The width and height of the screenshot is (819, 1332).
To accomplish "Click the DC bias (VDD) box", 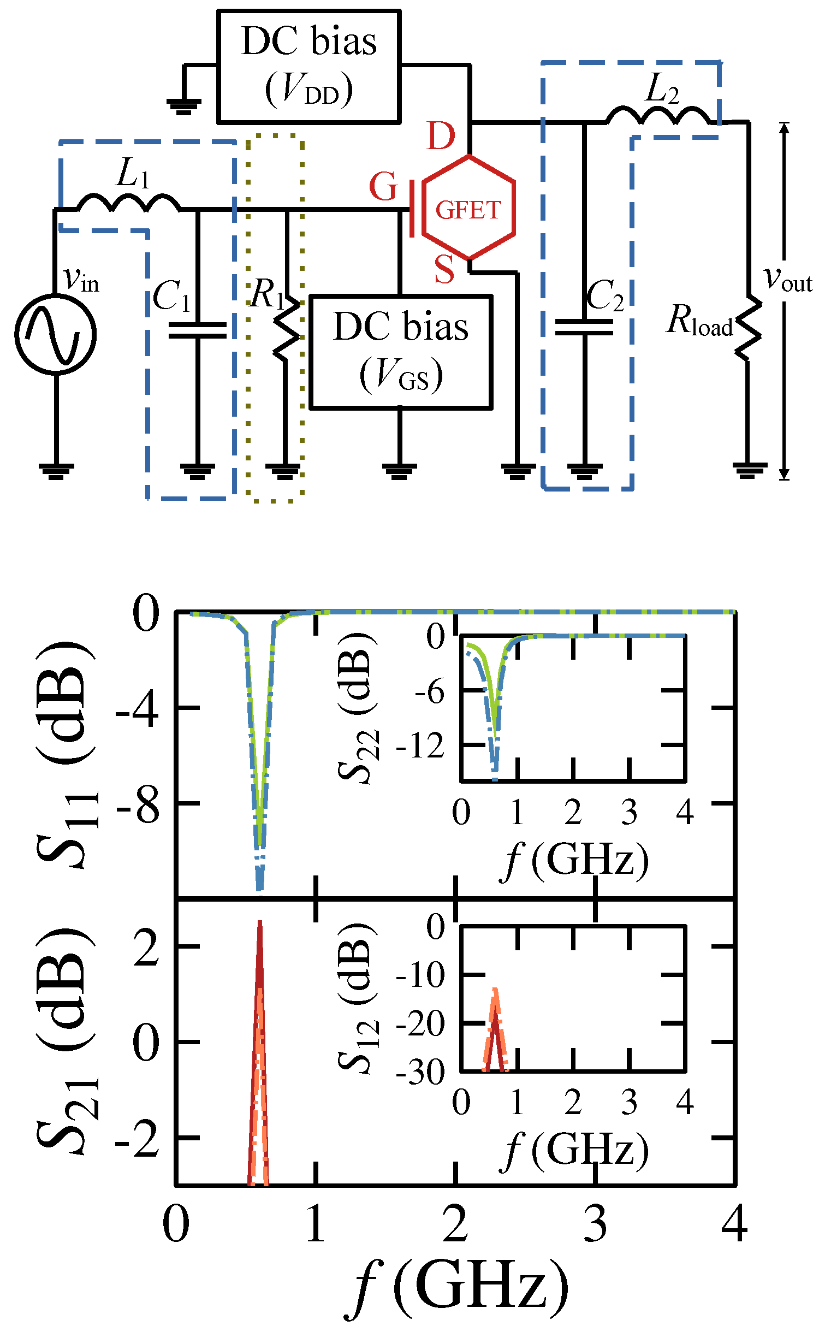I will point(309,66).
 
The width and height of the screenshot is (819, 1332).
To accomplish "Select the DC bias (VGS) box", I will point(401,352).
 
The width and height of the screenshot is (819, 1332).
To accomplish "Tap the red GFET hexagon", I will point(468,208).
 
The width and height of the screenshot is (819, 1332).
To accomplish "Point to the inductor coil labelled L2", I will point(658,115).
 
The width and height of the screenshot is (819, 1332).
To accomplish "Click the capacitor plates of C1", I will point(197,330).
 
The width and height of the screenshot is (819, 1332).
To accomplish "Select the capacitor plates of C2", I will point(584,327).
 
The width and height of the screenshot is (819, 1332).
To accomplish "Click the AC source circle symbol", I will point(56,334).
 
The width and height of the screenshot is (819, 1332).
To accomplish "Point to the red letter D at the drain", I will point(441,135).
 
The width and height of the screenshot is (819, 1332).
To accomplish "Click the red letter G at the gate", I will point(383,187).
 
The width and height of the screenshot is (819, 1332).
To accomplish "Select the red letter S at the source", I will point(444,269).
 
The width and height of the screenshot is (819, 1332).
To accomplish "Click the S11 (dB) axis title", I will point(66,753).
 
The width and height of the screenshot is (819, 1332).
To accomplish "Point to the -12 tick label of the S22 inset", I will point(420,745).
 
